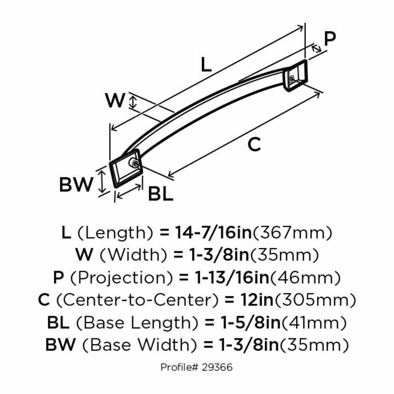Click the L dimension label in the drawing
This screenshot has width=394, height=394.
206,65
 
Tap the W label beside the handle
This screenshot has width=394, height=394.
116,101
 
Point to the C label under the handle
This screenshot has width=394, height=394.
254,144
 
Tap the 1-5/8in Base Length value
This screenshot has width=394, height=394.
248,323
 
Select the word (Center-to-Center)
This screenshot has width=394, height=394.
137,300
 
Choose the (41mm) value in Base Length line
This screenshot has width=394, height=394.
314,323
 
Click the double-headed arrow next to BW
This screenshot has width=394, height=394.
102,182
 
